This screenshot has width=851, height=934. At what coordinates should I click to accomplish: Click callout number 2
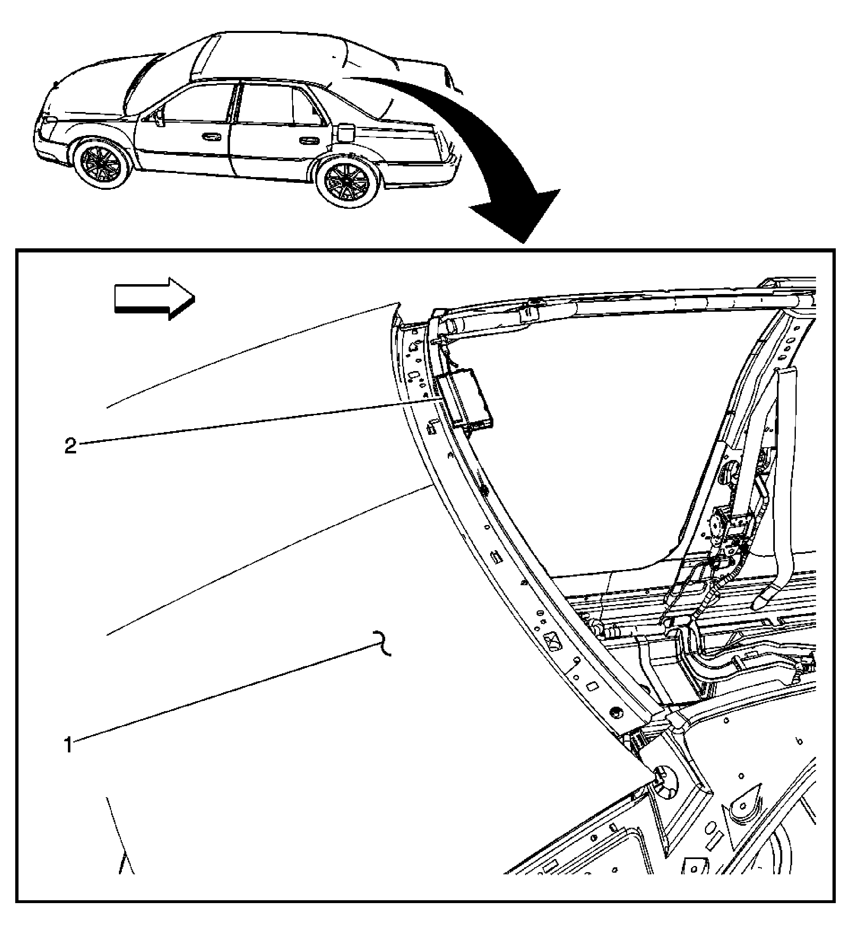pos(70,446)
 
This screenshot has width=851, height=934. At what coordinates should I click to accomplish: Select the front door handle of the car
pos(211,137)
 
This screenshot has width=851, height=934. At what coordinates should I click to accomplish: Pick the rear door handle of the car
pos(307,140)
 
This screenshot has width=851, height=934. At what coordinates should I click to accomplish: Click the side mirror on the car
pos(160,117)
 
